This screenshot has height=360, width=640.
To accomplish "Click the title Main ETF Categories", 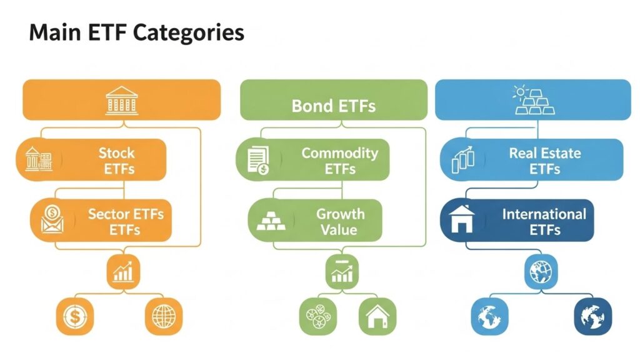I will click(x=136, y=32).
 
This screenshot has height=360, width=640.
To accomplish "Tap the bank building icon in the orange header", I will click(x=122, y=99).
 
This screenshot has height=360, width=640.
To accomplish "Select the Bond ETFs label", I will click(x=334, y=106).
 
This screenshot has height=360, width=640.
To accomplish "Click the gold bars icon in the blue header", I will click(x=533, y=101).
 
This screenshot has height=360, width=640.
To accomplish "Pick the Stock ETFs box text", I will click(x=116, y=161).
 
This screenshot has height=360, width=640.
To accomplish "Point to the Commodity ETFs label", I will click(x=339, y=161).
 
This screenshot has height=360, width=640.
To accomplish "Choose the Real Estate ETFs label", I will click(x=544, y=161).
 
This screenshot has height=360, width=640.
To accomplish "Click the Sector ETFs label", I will click(x=125, y=221).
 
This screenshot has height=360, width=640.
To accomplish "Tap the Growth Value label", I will click(x=339, y=221).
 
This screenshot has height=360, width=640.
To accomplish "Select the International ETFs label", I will click(x=544, y=221).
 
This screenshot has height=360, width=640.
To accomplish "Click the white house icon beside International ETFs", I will click(x=462, y=219).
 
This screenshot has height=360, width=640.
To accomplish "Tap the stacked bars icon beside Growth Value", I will click(x=267, y=220).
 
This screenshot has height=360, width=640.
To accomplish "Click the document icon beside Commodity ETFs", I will click(x=257, y=160).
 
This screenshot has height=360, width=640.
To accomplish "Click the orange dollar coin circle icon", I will click(x=74, y=317).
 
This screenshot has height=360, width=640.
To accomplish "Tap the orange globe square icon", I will click(x=164, y=317).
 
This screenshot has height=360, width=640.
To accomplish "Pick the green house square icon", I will click(x=377, y=317).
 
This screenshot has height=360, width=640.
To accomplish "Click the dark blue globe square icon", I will click(x=592, y=317).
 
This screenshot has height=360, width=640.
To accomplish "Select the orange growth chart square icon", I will click(x=122, y=272).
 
